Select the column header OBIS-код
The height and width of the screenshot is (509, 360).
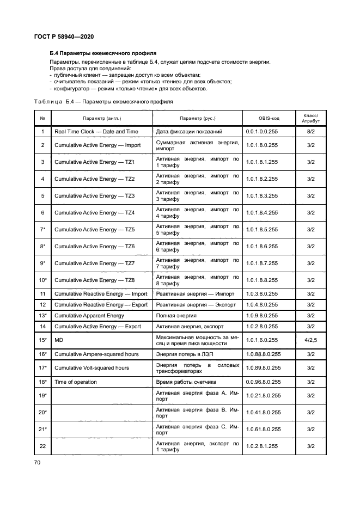pos(269,118)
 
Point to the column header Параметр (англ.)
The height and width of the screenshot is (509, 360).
pos(102,118)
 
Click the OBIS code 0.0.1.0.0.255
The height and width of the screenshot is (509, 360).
pos(261,132)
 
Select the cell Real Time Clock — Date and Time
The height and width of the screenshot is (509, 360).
pos(96,132)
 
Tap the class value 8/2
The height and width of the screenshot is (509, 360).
pos(311,132)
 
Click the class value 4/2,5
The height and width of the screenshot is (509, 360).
pos(311,340)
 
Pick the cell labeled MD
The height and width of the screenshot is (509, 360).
pos(59,340)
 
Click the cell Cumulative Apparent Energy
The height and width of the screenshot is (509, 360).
pos(89,316)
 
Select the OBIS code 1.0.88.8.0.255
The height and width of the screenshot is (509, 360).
pos(263,354)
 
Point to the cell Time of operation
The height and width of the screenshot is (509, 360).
pos(76,382)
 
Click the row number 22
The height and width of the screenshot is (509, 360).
pos(42,446)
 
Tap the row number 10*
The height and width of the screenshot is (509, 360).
pos(42,280)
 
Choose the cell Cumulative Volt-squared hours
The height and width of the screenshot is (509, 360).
pos(91,368)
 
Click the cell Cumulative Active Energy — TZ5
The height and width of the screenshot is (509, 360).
pos(94,230)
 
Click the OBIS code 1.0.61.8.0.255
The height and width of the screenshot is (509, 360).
pos(263,430)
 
